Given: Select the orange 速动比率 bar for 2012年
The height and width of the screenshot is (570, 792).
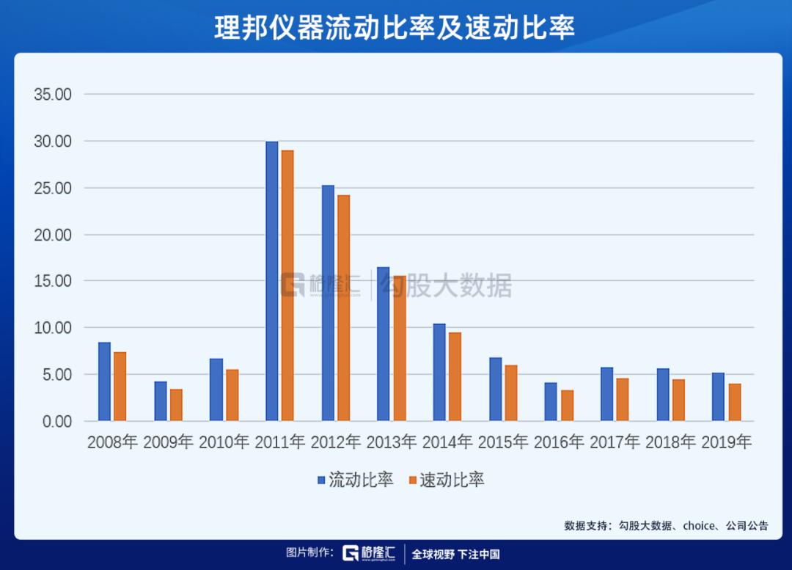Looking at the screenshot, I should tap(343, 308).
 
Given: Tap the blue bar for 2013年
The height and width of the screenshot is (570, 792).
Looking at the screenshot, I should tap(384, 344).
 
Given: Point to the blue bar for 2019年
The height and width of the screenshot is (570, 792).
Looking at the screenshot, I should tap(719, 397).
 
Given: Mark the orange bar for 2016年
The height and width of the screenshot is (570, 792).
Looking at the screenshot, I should tap(567, 406).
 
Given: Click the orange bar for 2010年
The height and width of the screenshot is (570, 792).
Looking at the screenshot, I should tap(232, 395).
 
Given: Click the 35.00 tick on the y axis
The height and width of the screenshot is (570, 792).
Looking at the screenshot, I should tap(52, 95).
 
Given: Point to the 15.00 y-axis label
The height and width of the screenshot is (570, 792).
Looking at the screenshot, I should tap(52, 281).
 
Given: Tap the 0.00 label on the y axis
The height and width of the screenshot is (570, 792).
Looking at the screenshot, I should tap(56, 421).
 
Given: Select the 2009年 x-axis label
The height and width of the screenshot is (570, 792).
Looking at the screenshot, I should tap(169, 442).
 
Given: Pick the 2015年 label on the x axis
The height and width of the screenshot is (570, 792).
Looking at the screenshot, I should tap(503, 442).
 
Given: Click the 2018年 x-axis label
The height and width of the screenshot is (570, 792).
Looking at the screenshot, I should tap(670, 442).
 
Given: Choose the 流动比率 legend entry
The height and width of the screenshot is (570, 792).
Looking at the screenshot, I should tap(356, 481).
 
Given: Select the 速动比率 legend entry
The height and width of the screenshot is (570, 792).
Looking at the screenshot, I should tap(447, 481).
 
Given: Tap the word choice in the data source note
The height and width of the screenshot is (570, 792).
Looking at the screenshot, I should tap(699, 525).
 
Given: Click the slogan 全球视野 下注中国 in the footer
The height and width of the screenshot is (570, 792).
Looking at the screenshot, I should tap(455, 554).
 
